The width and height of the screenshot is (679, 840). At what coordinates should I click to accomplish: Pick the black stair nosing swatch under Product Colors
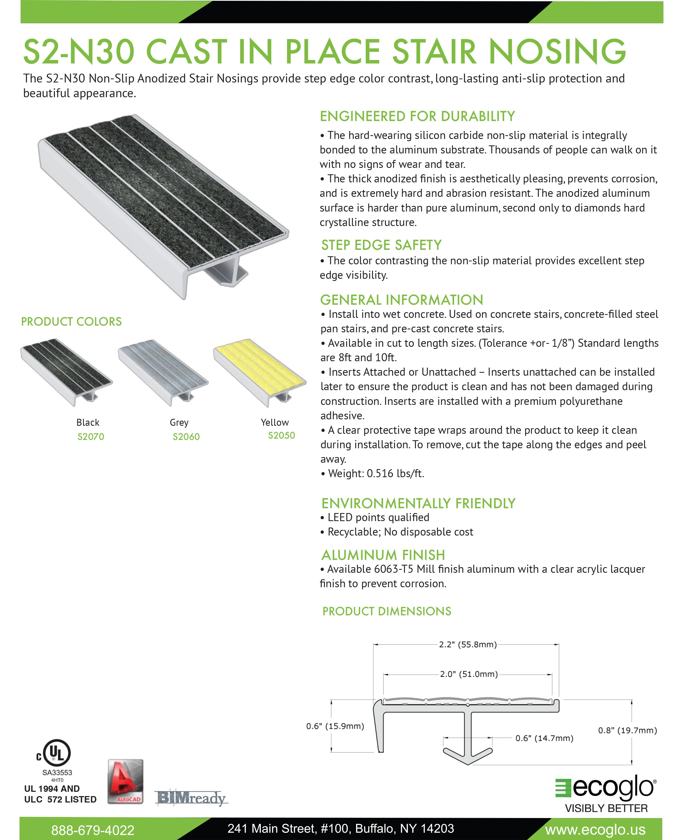pos(66,371)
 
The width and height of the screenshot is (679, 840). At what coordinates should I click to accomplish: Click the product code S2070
pos(91,436)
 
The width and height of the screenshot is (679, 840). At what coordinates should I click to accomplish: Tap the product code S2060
pos(186,436)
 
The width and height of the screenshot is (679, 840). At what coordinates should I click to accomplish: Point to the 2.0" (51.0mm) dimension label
pos(469,674)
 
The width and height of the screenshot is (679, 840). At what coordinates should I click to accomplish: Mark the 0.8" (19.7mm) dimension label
pos(627,730)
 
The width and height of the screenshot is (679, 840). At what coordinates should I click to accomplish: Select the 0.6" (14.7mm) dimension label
pos(544,738)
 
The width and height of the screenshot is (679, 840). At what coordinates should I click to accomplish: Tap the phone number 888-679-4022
pos(93,830)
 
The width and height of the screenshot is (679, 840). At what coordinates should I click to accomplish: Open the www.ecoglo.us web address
pos(595,830)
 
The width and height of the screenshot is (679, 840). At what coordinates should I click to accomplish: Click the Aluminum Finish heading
pos(383,555)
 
